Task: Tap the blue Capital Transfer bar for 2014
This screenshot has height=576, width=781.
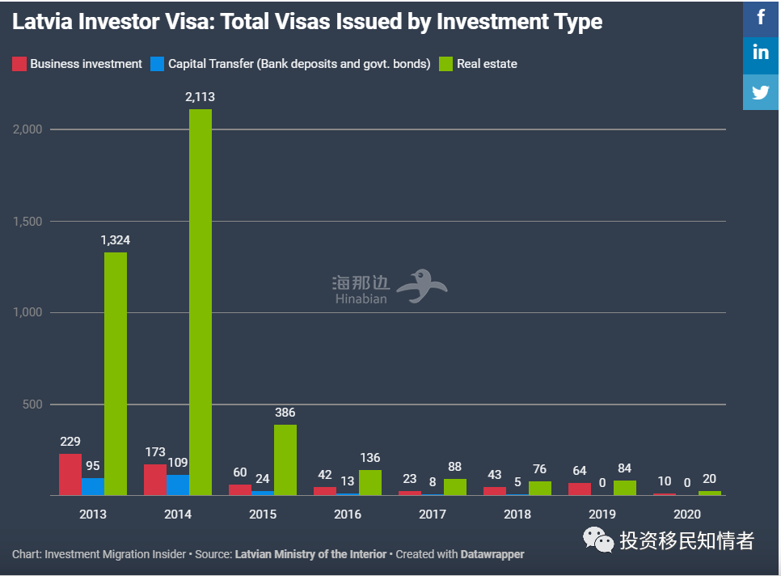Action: (178, 485)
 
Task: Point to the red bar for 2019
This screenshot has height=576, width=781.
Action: (580, 489)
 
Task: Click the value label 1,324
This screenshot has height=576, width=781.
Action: (116, 240)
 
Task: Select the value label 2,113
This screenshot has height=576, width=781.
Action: (200, 97)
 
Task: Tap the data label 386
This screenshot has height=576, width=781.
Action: (285, 413)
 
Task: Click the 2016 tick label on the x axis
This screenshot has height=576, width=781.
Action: (348, 514)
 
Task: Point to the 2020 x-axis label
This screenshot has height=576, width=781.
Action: (686, 514)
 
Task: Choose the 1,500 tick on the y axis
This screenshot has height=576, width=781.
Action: (27, 222)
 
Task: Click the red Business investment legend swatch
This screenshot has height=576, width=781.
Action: (19, 64)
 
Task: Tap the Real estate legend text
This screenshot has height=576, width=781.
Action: (487, 64)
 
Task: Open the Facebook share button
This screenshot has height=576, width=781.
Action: (761, 18)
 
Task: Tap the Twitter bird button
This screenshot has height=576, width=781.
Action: (761, 91)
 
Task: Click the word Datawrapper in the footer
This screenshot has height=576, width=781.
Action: (492, 555)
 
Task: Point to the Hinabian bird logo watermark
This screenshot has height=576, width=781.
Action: (425, 286)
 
